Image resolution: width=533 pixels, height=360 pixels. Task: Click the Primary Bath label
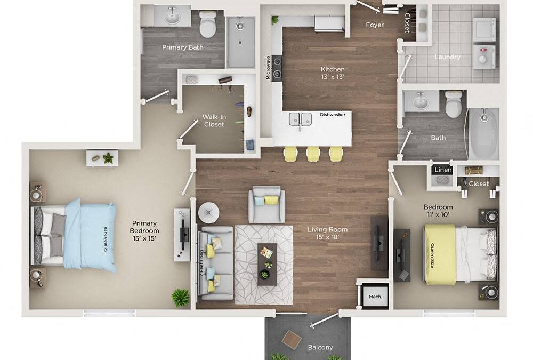182,47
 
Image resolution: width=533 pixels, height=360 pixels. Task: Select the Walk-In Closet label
213,121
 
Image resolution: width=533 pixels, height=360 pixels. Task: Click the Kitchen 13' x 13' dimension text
333,77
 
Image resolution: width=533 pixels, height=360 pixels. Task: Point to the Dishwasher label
333,114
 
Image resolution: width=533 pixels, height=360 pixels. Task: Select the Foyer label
375,25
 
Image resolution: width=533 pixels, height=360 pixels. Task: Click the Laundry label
447,57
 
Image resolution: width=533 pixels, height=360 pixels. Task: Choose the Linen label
443,170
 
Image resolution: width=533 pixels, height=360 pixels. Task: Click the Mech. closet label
375,297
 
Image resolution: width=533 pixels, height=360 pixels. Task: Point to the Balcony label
320,348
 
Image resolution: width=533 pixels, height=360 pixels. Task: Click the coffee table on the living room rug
267,264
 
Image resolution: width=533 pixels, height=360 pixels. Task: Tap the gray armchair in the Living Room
266,204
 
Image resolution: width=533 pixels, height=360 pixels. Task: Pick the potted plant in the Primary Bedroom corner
181,297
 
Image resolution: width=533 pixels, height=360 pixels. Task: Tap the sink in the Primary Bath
172,18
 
